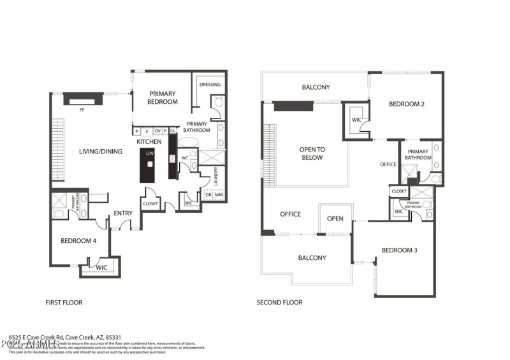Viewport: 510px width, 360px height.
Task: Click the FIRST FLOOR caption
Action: click(63, 302)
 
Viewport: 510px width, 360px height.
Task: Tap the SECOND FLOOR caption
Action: click(279, 302)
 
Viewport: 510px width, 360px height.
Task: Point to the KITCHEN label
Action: click(149, 141)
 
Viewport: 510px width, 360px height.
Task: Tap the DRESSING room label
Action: click(210, 84)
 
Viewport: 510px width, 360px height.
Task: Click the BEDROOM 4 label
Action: click(78, 241)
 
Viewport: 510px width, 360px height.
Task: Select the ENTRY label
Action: click(123, 213)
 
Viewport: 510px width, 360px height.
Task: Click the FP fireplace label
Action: click(82, 110)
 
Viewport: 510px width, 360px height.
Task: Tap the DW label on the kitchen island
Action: click(150, 154)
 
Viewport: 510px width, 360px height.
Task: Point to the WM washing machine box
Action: click(219, 194)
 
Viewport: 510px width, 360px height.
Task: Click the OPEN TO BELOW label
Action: click(312, 154)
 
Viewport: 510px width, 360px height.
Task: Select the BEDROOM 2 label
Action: click(406, 104)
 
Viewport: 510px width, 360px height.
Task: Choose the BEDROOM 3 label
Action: click(399, 250)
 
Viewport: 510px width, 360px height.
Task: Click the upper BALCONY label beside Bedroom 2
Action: click(316, 87)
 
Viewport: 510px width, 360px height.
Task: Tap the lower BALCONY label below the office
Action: click(312, 258)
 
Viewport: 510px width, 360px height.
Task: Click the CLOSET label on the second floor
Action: click(399, 191)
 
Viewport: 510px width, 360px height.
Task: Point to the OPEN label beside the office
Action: click(335, 219)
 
